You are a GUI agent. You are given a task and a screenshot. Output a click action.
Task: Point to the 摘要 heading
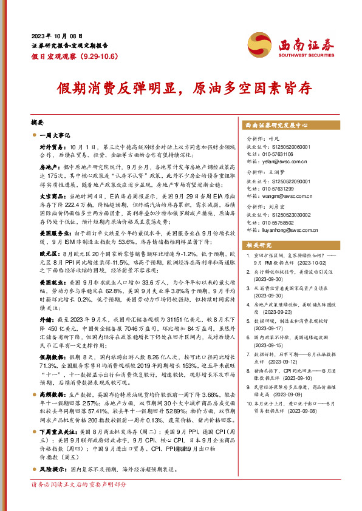[x=38, y=122]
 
